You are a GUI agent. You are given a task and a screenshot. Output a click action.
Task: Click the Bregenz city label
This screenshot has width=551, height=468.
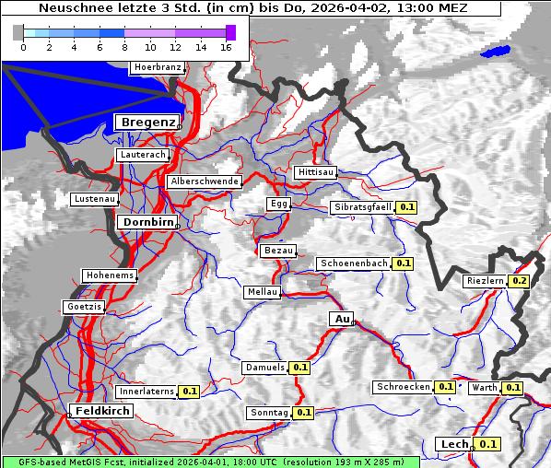pyautogui.click(x=146, y=122)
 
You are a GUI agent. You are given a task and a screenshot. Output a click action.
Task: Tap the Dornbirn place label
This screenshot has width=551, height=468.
pyautogui.click(x=146, y=222)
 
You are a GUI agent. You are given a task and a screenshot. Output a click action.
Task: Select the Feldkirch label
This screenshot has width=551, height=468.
pyautogui.click(x=101, y=411)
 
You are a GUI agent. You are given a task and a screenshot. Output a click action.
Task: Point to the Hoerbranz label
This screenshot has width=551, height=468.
pyautogui.click(x=156, y=67)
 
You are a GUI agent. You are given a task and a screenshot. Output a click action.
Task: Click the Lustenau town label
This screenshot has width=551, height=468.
pyautogui.click(x=94, y=199)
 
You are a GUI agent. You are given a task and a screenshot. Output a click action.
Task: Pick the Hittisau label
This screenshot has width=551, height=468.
pyautogui.click(x=316, y=172)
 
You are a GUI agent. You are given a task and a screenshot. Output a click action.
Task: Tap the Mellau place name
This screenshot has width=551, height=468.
pyautogui.click(x=261, y=292)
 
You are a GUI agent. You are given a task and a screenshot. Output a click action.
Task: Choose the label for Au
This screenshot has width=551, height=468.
pyautogui.click(x=341, y=319)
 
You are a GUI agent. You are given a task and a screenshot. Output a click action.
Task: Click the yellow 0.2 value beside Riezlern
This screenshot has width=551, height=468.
pyautogui.click(x=520, y=280)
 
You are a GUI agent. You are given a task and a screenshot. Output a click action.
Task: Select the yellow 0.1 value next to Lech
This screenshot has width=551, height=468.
pyautogui.click(x=488, y=444)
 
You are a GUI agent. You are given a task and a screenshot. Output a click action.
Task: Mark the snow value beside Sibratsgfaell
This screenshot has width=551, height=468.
pyautogui.click(x=406, y=207)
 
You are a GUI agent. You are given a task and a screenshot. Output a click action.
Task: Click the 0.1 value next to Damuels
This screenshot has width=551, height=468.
pyautogui.click(x=299, y=368)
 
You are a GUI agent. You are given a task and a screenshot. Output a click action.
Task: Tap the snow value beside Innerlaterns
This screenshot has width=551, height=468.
pyautogui.click(x=189, y=392)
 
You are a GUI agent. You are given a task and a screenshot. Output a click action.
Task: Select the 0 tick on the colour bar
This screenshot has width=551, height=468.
pyautogui.click(x=24, y=47)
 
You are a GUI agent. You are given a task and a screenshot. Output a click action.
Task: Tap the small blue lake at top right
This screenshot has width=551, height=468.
pyautogui.click(x=496, y=52)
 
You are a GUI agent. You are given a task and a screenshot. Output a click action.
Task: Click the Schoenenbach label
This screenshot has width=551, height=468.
pyautogui.click(x=354, y=263)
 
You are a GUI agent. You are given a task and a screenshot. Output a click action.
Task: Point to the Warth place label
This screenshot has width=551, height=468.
pyautogui.click(x=484, y=388)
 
